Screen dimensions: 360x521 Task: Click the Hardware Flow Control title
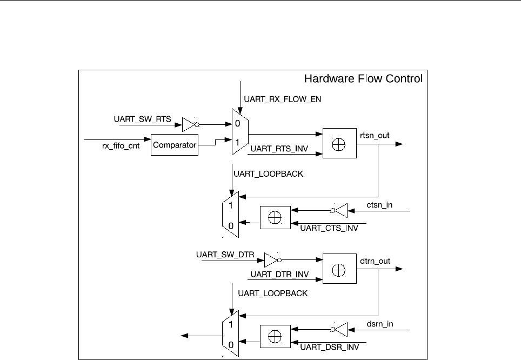pos(363,79)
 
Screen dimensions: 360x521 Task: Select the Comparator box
pos(174,144)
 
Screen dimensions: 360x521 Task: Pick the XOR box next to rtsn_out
pos(339,143)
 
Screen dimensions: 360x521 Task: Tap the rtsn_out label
pos(375,135)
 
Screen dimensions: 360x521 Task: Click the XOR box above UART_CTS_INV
pos(275,217)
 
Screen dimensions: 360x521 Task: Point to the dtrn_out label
pos(375,261)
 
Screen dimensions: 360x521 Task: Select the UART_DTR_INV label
pos(279,275)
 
